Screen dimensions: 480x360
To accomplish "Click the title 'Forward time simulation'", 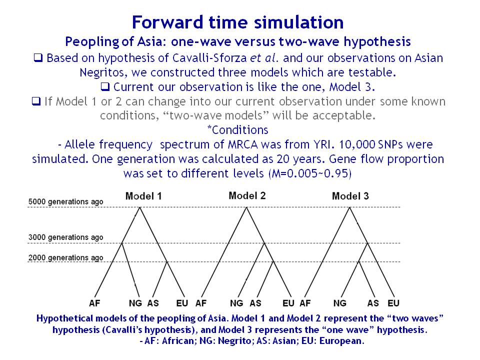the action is (x=237, y=22).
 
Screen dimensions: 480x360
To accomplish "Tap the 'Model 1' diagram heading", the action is (x=143, y=196).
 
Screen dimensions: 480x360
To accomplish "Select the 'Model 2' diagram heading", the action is (x=247, y=195).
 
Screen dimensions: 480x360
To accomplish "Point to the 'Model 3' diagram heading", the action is (x=350, y=196).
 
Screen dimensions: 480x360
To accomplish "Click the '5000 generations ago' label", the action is (x=66, y=201).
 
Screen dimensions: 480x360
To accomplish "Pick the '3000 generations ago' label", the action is (x=66, y=237).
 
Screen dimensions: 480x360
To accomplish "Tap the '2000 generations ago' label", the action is (x=66, y=258).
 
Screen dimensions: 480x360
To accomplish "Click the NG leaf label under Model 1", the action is (x=135, y=303).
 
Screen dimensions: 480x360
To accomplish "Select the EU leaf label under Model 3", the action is (x=393, y=303).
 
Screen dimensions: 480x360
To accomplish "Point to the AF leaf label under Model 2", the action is (x=201, y=303).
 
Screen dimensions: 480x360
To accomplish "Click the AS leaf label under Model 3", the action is (x=373, y=303).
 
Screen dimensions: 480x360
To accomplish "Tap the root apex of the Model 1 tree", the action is (x=140, y=207).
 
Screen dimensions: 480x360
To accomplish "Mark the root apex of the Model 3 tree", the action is (x=350, y=207).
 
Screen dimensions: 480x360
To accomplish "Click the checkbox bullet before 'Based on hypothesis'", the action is (x=38, y=58).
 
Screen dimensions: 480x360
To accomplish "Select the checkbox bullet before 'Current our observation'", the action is (x=105, y=87).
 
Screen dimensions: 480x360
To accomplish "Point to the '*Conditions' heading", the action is (x=237, y=130).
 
